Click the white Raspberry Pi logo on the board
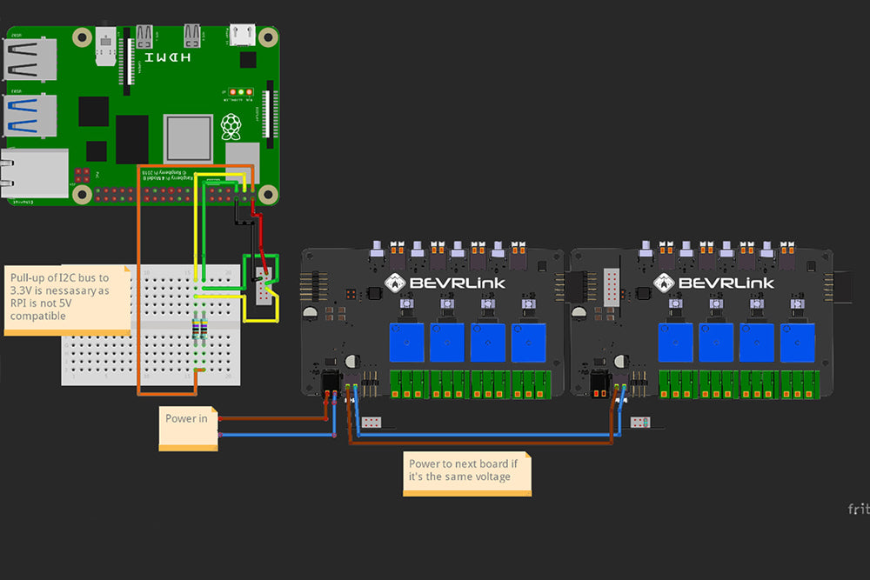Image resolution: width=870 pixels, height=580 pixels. click(x=231, y=127)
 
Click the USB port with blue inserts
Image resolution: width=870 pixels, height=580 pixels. click(x=30, y=113)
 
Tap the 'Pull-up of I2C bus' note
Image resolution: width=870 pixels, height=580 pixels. click(x=66, y=298)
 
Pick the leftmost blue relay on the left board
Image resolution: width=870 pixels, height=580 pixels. click(x=409, y=342)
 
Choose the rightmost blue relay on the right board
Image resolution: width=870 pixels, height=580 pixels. click(x=798, y=342)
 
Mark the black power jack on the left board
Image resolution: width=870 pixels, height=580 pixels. click(x=331, y=383)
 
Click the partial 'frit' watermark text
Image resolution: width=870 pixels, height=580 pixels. click(x=858, y=509)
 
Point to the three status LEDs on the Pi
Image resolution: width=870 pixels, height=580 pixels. click(x=238, y=91)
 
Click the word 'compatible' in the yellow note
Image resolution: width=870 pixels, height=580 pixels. click(x=38, y=317)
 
